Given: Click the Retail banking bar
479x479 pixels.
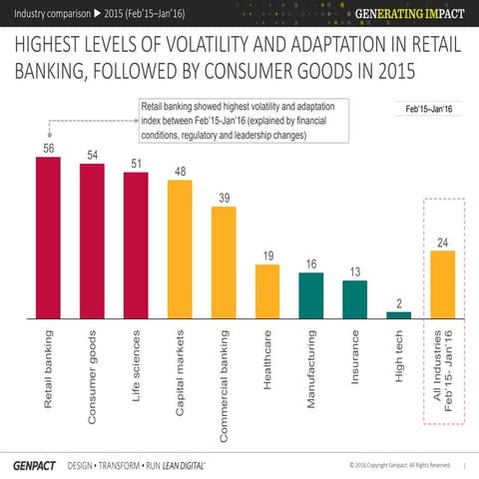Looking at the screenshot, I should coord(48,239).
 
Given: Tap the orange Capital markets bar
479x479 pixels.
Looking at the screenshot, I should coord(180,248).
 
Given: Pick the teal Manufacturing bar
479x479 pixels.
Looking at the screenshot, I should coord(310,295).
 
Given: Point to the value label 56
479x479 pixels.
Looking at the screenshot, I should coord(48,148).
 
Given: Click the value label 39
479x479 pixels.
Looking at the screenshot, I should coord(224,196).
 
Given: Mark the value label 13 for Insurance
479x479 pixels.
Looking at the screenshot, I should coord(354,271).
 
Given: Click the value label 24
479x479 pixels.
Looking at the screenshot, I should coord(442,241).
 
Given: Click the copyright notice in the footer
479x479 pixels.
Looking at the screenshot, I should coord(399,464).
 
